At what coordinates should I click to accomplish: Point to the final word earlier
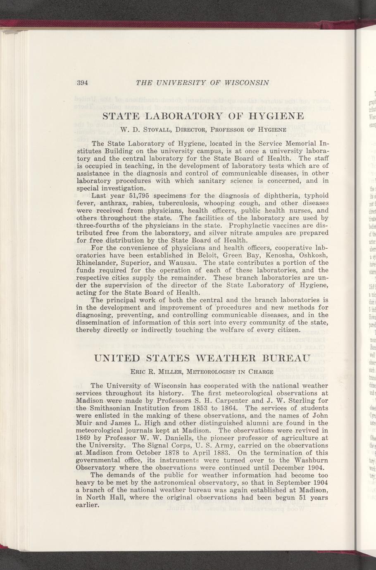click(x=89, y=505)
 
